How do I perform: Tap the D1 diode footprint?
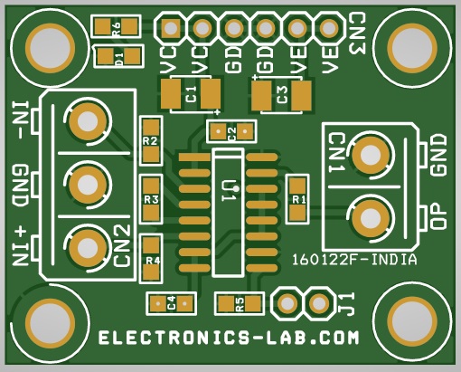tap(118, 57)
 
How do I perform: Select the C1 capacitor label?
tap(191, 94)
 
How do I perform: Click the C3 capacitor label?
tap(282, 94)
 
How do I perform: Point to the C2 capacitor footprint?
tap(231, 131)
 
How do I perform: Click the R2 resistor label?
tap(150, 141)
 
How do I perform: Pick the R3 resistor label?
tap(151, 199)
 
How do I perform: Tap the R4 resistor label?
tap(153, 260)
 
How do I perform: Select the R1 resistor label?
tap(299, 199)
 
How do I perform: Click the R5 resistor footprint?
tap(240, 303)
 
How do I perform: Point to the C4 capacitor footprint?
tap(171, 303)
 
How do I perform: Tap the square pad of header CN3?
tap(171, 28)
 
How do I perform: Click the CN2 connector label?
tap(122, 246)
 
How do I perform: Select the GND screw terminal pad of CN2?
tap(88, 185)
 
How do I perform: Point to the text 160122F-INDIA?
tap(354, 260)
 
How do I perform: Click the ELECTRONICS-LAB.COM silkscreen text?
tap(229, 338)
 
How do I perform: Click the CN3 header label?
tap(357, 33)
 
